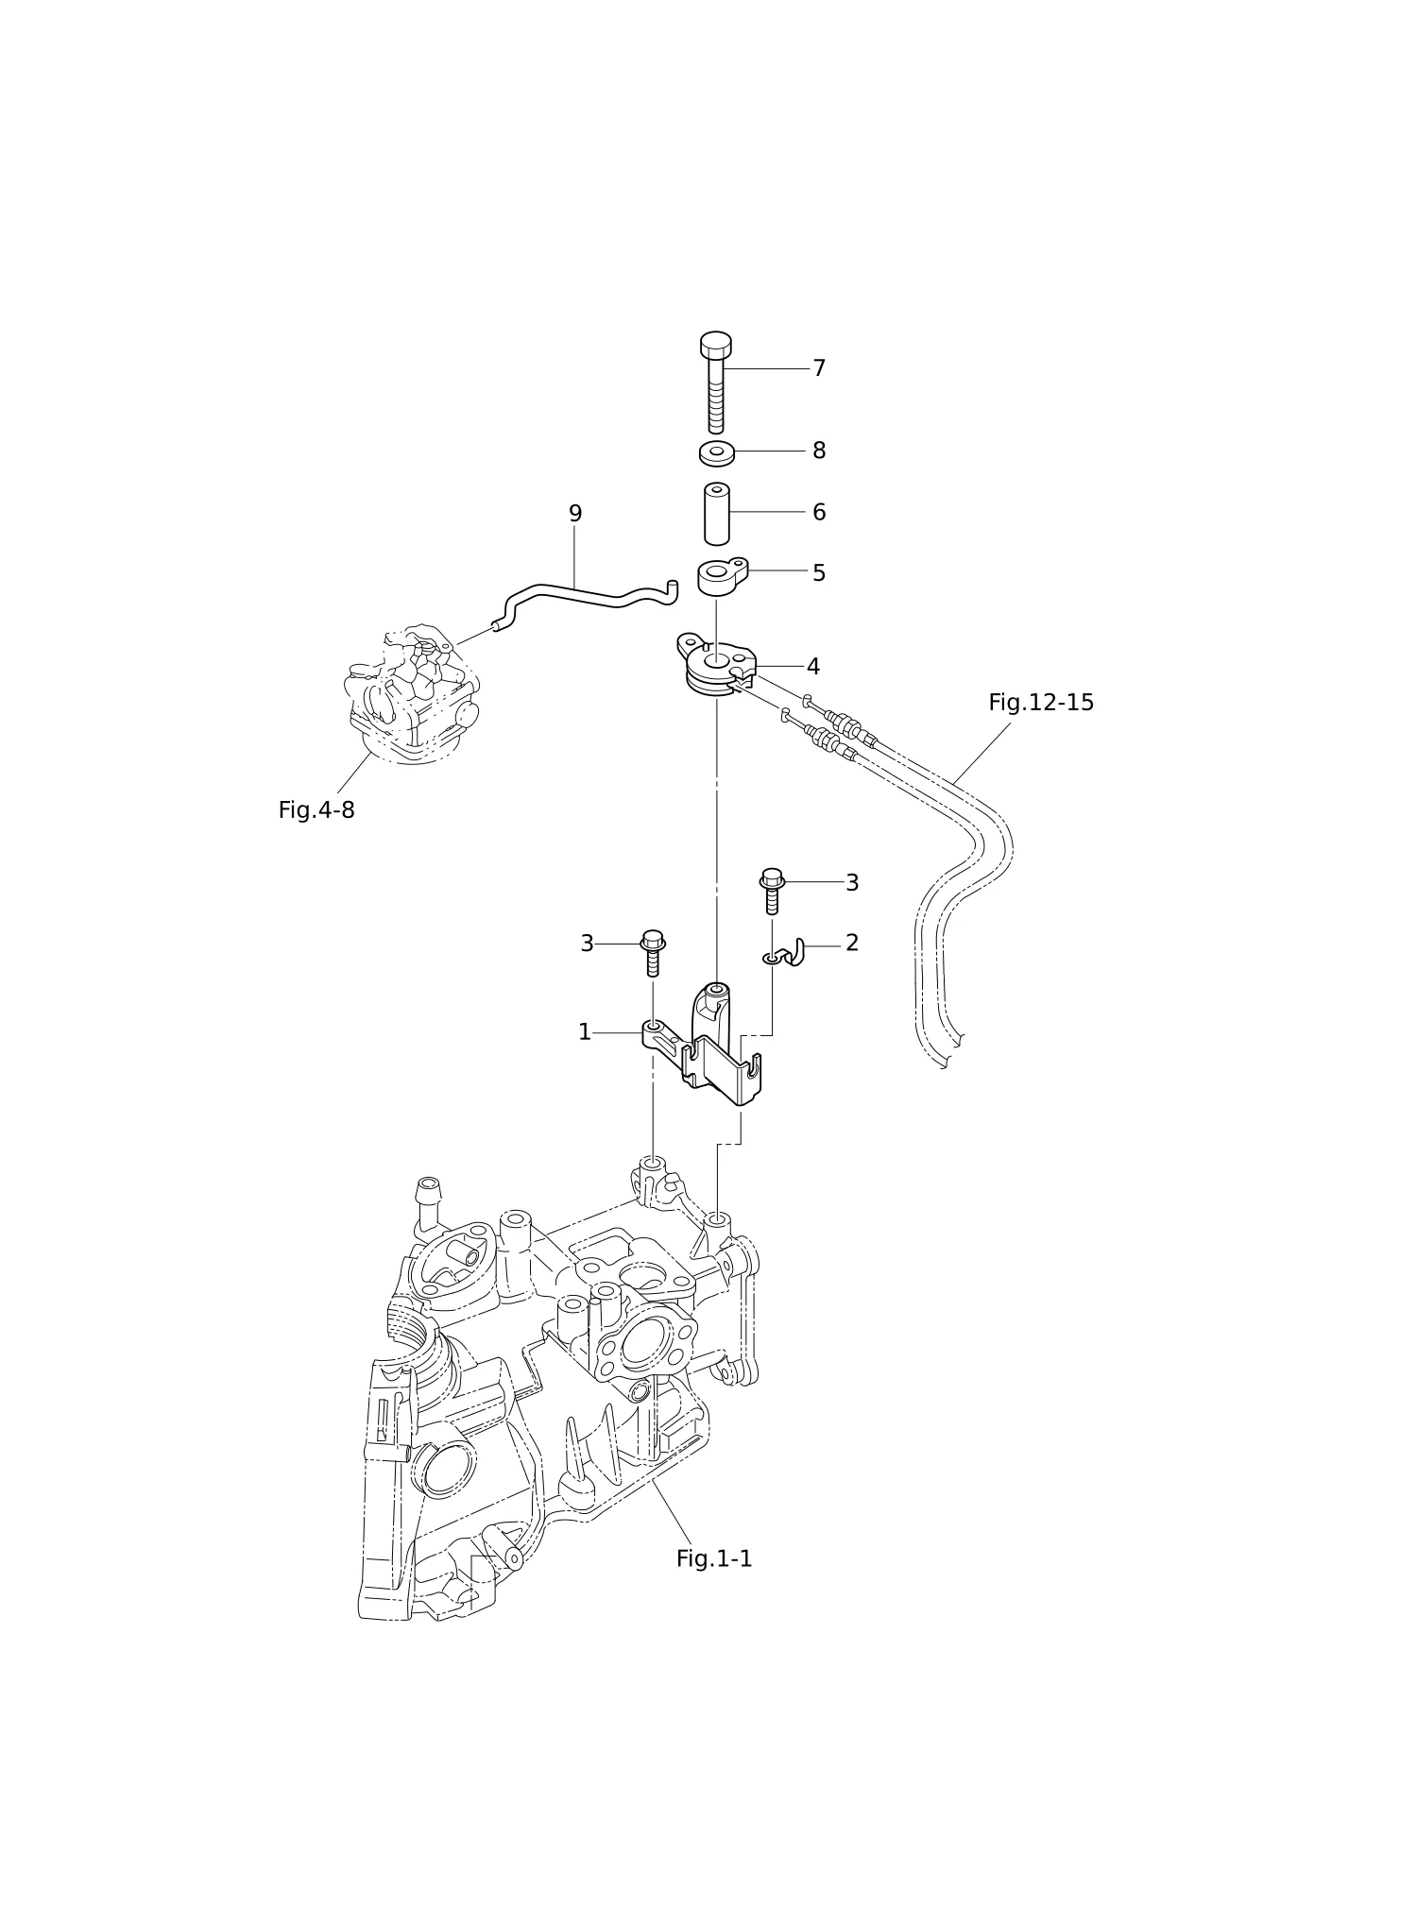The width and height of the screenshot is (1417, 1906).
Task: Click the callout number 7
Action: [819, 368]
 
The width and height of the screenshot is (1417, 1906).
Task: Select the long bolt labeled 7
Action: [716, 383]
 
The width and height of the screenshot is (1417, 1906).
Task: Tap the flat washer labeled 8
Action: [717, 453]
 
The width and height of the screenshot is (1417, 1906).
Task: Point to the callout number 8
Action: [819, 451]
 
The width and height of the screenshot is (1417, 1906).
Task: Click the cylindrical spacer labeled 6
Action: [717, 514]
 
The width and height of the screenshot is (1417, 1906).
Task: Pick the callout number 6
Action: [819, 512]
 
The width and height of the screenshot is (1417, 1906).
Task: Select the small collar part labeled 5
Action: [723, 576]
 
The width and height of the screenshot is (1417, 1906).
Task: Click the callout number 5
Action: [819, 573]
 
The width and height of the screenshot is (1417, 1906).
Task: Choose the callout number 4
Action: [813, 667]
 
